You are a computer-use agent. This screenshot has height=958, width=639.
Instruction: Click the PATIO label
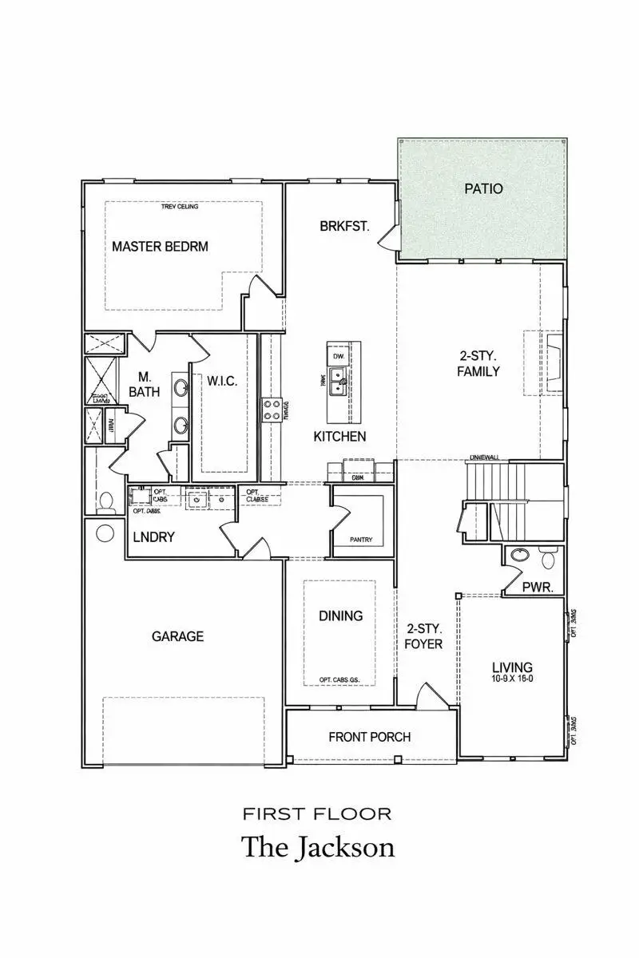(484, 189)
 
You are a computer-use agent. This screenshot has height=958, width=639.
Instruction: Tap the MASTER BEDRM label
(160, 246)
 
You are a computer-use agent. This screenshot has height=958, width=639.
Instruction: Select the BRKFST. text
(344, 226)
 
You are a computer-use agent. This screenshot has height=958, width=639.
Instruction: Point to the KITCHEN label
(339, 436)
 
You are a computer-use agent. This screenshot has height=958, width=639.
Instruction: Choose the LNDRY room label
(153, 537)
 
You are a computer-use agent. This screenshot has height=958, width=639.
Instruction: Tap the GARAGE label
(177, 636)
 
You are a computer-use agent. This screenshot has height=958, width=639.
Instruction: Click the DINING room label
(341, 616)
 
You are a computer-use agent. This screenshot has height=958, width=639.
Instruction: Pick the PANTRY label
(361, 540)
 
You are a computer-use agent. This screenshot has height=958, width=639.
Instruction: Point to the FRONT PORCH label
(370, 736)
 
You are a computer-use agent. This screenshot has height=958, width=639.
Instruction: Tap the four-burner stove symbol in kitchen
(272, 410)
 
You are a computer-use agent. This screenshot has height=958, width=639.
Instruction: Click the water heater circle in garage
(105, 531)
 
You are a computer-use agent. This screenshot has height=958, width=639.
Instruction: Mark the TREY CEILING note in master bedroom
(180, 207)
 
